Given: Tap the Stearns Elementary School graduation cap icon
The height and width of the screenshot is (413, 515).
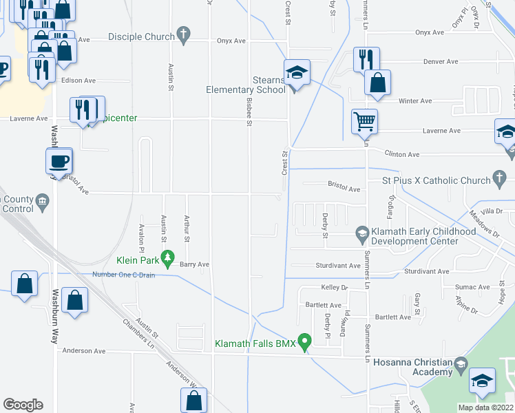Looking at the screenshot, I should click(297, 72).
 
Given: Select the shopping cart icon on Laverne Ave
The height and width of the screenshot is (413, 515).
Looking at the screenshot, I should click(364, 122).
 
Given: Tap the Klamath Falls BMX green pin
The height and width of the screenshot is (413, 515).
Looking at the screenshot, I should click(308, 341).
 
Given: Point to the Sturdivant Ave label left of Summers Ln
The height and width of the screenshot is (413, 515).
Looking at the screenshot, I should click(335, 265).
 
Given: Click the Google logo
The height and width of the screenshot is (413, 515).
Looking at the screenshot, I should click(23, 405).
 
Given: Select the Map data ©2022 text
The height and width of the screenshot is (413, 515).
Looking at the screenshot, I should click(486, 407).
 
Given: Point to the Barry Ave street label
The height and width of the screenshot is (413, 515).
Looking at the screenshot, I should click(193, 264).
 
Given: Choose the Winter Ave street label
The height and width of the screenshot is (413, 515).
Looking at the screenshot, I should click(415, 100).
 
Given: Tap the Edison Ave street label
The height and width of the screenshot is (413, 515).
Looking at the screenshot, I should click(76, 81).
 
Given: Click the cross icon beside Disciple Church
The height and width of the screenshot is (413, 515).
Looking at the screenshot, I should click(183, 33).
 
